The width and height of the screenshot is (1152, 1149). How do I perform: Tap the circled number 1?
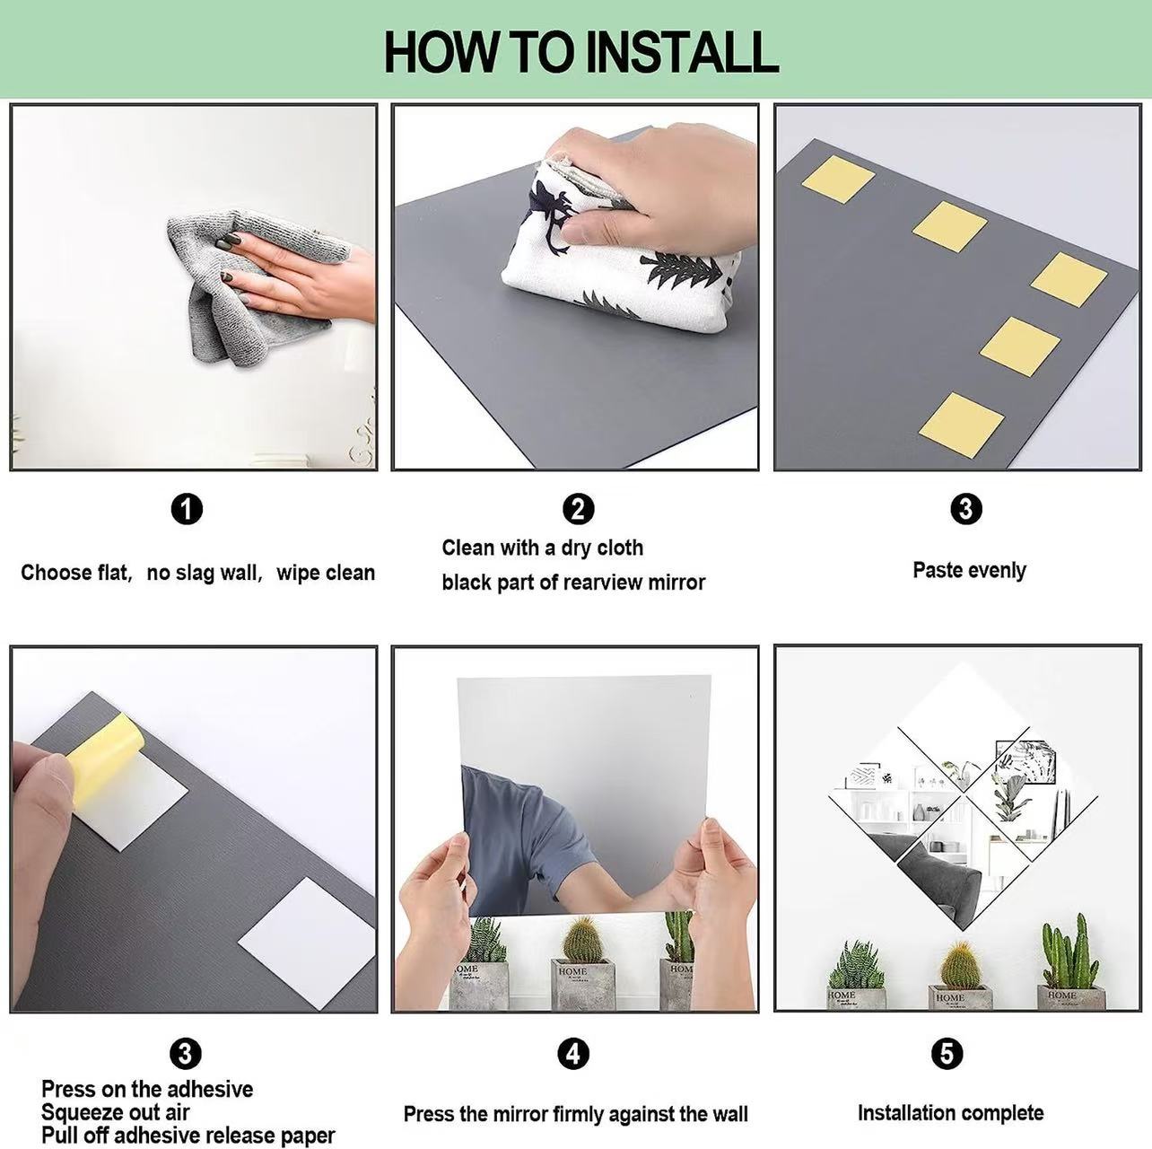click(188, 509)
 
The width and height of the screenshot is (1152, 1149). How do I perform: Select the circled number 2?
click(578, 509)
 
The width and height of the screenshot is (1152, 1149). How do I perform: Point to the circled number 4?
click(573, 1053)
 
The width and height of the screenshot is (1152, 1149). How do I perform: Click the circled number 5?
click(947, 1053)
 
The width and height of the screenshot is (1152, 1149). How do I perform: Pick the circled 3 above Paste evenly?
click(966, 509)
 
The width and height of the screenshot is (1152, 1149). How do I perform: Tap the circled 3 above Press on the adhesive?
click(186, 1053)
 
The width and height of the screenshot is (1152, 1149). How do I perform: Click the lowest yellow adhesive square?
click(961, 425)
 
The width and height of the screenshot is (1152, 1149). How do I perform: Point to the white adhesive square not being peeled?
click(307, 943)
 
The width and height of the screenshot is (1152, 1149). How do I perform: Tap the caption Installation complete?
click(950, 1113)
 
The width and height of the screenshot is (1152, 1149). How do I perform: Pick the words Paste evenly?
click(969, 571)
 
